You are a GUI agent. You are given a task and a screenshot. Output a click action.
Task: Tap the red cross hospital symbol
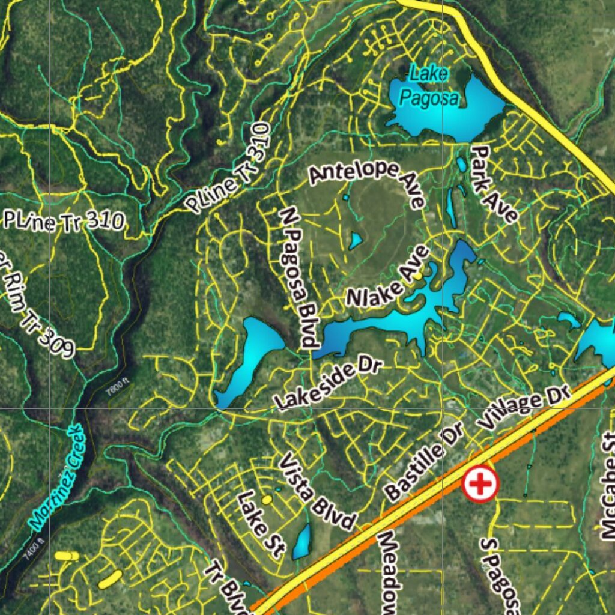[480, 483]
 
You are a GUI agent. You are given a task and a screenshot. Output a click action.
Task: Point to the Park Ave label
[494, 183]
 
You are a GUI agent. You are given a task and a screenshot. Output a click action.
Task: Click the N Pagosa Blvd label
[298, 277]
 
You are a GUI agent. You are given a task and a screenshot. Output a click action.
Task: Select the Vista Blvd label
[318, 492]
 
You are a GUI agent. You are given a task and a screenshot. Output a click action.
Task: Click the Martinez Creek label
[58, 477]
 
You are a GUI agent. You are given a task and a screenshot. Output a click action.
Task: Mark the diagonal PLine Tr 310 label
[228, 168]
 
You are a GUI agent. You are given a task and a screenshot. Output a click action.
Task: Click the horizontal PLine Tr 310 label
[64, 220]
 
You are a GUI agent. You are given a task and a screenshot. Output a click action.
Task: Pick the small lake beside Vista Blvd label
[302, 542]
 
